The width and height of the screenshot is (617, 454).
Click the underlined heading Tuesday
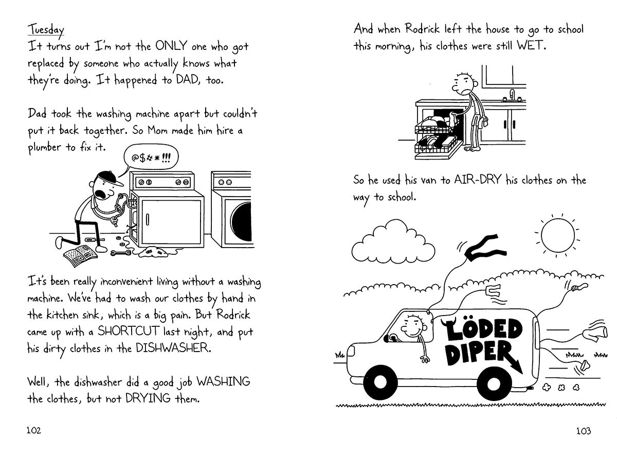click(45, 29)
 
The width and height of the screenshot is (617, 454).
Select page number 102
click(33, 431)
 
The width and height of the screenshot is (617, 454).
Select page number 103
click(583, 431)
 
